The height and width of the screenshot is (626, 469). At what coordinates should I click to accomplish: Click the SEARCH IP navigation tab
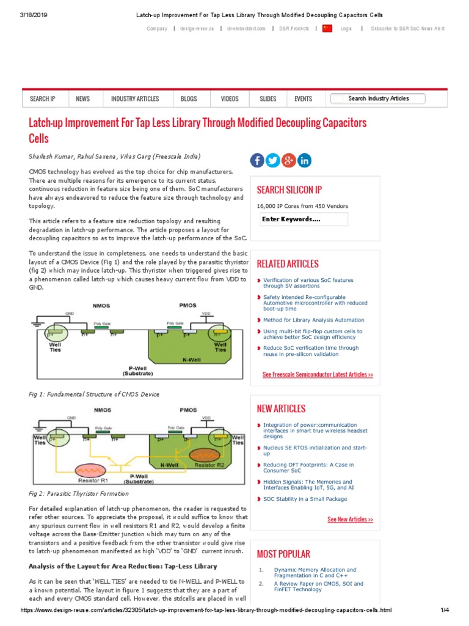point(42,98)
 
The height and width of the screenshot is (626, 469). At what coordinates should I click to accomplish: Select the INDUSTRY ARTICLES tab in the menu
point(135,98)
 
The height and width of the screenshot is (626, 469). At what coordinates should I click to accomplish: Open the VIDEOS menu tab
point(230,98)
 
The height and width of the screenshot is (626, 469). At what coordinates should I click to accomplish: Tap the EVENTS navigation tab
point(303,98)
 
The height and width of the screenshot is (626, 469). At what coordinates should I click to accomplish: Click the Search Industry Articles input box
point(378,98)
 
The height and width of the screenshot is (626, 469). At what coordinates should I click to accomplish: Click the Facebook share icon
point(257,160)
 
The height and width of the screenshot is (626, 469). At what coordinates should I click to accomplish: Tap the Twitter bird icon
point(273,160)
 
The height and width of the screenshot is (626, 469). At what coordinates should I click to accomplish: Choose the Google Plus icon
point(288,160)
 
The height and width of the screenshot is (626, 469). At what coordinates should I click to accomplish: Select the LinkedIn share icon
point(304,160)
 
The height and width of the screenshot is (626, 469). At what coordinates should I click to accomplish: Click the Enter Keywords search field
point(304,219)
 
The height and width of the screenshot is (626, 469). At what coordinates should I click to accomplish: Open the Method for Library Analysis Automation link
point(313,320)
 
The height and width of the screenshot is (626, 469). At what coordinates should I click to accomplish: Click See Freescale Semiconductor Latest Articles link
point(318,374)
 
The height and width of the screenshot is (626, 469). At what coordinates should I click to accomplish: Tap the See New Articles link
point(350,519)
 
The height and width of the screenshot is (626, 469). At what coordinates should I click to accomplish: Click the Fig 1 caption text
point(93,394)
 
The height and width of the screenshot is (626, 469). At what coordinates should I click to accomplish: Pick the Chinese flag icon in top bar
point(327,29)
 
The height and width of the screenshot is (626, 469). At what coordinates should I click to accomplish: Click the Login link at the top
point(346,29)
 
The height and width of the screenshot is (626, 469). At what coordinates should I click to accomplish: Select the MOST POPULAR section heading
point(283,554)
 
